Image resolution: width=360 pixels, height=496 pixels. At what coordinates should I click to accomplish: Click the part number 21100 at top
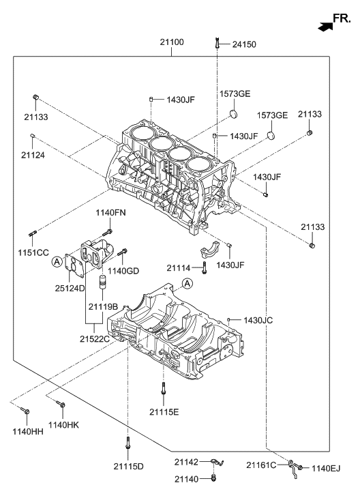[172, 42]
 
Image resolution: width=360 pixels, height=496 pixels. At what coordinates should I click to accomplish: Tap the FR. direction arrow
[325, 27]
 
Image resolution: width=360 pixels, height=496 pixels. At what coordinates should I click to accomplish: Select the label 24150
[244, 44]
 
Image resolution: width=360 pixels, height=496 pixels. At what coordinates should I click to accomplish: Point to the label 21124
[33, 155]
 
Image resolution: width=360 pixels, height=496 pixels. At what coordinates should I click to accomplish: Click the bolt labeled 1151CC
[33, 233]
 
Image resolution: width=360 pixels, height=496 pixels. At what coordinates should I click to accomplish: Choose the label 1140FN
[110, 213]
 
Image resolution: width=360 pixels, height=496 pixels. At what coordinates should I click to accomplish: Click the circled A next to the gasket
[57, 261]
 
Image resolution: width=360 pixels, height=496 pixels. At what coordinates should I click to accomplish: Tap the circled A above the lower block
[187, 284]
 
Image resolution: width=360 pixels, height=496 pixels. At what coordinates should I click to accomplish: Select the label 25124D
[70, 288]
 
